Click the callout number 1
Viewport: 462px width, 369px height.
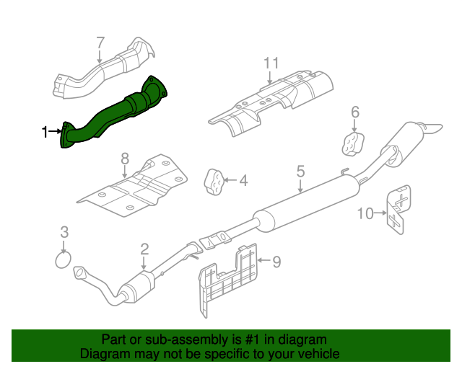pos(45,131)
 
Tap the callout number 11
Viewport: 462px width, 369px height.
pos(270,63)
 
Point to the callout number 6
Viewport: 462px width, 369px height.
pos(354,112)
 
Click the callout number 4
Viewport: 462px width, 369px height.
pos(243,180)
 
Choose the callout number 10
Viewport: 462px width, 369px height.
pos(365,213)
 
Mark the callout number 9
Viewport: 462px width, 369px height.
pos(276,262)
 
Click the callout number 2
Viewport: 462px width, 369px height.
pos(144,249)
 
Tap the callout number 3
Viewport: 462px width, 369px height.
pos(64,232)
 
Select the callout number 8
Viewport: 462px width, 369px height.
pos(124,158)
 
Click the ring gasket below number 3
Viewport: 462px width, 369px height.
pos(64,259)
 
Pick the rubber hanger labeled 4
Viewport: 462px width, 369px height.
pos(214,181)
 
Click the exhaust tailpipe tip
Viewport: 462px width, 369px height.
pos(432,128)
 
